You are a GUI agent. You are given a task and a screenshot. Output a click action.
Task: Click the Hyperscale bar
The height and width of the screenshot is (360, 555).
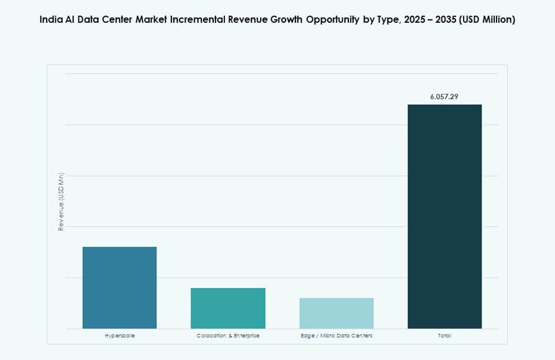(120, 288)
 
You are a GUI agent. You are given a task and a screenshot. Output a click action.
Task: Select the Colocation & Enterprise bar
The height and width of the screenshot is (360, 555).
(228, 308)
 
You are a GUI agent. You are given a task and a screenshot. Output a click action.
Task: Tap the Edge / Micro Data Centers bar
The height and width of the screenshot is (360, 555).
(337, 313)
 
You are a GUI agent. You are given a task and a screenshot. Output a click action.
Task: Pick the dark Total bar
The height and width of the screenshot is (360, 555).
(445, 216)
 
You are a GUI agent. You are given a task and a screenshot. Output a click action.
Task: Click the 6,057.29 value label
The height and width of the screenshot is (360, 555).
(444, 97)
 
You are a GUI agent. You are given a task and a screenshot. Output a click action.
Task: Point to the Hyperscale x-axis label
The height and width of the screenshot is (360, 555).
(120, 336)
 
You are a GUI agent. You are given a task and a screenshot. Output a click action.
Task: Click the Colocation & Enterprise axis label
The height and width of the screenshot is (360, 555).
(228, 336)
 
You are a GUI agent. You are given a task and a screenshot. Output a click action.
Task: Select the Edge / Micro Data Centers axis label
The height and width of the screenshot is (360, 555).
(337, 336)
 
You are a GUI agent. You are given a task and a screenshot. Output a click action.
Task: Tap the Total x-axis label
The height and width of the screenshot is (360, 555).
(445, 336)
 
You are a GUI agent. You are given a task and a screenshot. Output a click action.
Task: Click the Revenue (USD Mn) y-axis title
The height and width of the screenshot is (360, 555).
(61, 201)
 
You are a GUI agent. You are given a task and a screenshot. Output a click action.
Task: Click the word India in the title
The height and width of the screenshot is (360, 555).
(51, 19)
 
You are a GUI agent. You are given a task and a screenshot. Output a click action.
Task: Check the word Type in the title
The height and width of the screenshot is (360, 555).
(382, 19)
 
